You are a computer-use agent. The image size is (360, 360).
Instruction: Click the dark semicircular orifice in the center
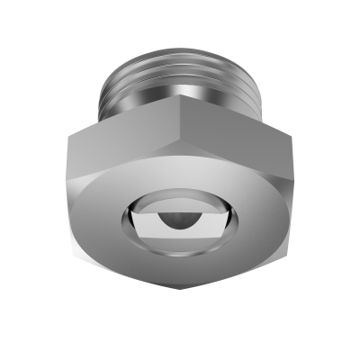point(179,219)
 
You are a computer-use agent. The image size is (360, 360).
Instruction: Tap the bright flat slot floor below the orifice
point(179,235)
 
